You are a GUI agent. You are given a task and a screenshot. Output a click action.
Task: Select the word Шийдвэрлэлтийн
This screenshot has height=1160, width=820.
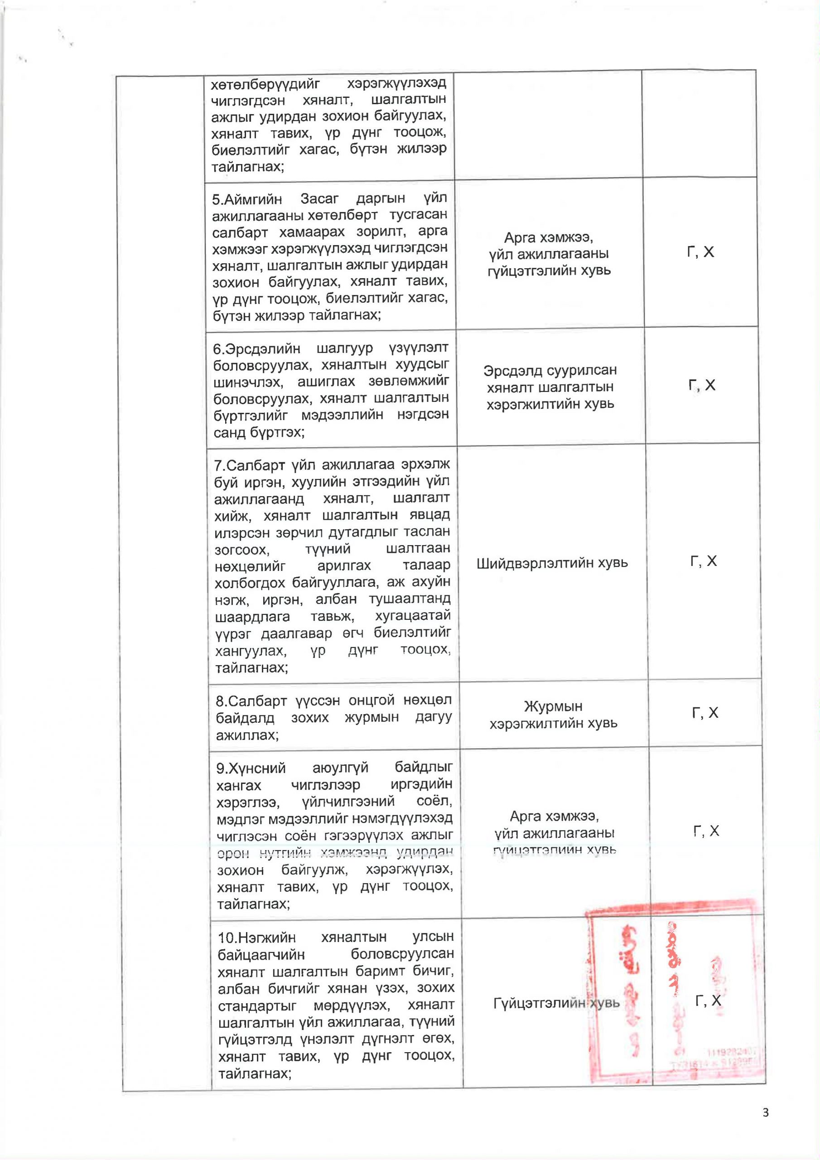(527, 563)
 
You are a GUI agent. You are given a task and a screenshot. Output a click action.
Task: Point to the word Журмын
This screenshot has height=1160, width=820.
(553, 706)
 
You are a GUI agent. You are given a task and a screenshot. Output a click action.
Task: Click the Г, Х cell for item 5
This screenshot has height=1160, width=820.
(700, 251)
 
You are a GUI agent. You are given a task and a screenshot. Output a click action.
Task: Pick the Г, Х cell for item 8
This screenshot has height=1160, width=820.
(705, 712)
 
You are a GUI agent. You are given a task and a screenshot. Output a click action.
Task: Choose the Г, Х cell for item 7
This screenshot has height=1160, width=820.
(703, 561)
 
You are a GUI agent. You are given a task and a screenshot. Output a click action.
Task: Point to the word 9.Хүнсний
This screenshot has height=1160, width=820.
(251, 768)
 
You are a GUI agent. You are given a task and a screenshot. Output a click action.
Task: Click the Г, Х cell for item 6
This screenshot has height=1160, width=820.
(702, 386)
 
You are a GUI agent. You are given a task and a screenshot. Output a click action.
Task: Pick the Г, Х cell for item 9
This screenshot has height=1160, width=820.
(706, 831)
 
